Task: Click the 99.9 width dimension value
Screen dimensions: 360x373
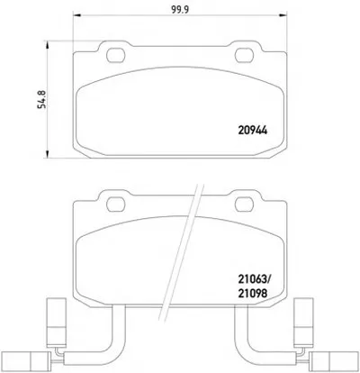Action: coord(180,10)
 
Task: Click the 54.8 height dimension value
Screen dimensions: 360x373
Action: coord(42,99)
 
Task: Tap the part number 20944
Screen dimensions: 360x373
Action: coord(253,131)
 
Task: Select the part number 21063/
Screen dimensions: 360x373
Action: coord(255,280)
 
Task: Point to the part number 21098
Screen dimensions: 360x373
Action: coord(253,293)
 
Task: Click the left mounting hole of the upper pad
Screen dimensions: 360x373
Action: coord(115,55)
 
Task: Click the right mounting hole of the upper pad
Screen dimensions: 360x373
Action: coord(245,55)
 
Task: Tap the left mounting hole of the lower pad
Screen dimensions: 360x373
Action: coord(115,205)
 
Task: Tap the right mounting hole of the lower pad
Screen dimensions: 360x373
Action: coord(245,205)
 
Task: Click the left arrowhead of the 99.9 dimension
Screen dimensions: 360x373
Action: coord(76,14)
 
